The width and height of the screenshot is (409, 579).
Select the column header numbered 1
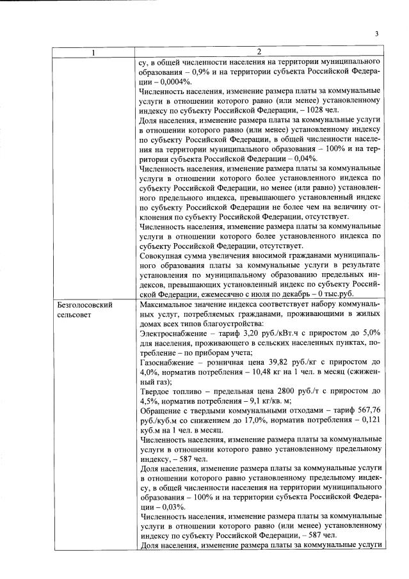tap(94, 52)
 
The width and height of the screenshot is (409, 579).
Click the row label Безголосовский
tap(84, 305)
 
